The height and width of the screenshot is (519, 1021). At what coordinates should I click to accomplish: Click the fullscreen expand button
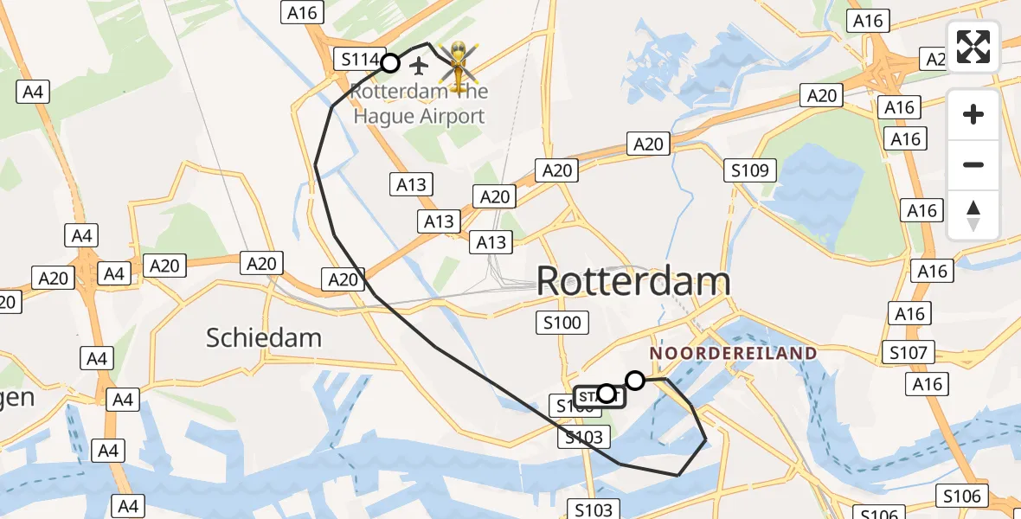coord(973,47)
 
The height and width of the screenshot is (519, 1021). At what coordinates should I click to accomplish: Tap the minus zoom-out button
coord(973,164)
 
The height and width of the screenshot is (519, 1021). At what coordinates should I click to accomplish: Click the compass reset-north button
coord(973,215)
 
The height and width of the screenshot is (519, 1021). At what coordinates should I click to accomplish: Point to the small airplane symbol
coord(420,65)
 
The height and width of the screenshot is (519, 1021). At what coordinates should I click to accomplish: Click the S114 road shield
coord(357,60)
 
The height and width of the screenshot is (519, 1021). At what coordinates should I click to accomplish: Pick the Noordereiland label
coord(733,353)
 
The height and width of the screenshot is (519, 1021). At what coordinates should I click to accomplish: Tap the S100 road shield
coord(562,324)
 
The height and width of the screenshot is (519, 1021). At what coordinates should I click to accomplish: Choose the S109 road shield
coord(749,170)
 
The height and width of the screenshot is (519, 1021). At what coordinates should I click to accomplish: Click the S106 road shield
coord(962,496)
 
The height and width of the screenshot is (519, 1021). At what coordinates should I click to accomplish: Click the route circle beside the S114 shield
coord(390,63)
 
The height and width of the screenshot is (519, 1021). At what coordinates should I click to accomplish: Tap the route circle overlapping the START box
coord(606,394)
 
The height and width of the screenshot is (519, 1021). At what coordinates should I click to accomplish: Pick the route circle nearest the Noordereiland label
coord(635,381)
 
